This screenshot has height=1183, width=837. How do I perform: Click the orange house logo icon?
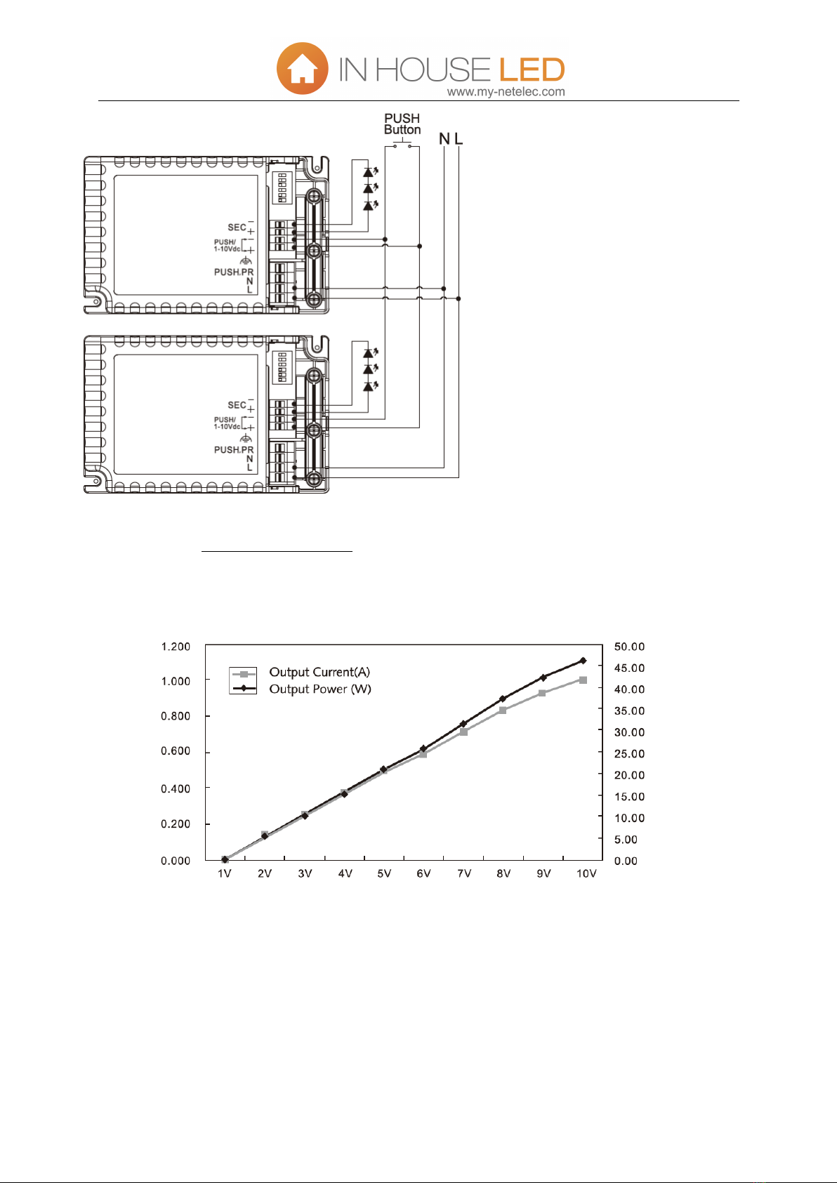click(x=302, y=69)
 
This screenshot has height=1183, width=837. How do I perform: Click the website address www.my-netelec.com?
click(x=506, y=92)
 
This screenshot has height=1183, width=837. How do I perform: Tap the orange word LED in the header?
click(x=532, y=70)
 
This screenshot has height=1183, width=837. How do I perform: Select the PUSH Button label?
click(x=402, y=124)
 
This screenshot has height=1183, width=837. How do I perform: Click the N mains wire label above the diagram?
click(x=444, y=139)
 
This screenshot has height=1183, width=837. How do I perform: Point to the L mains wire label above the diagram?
click(x=459, y=139)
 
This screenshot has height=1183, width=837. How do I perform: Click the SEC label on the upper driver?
click(x=237, y=227)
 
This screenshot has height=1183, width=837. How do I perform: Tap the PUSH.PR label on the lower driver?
click(x=233, y=450)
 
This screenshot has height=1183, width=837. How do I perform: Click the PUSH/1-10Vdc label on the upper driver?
click(x=227, y=246)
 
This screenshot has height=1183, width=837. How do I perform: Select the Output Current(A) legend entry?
click(x=319, y=673)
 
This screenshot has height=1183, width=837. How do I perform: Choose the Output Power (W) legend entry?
click(x=320, y=689)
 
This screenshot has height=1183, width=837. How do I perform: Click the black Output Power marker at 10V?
click(x=583, y=661)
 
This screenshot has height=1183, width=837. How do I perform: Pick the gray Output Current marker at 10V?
click(x=583, y=680)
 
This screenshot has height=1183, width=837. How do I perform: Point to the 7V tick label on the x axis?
click(x=464, y=874)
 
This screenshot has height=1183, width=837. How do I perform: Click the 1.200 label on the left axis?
click(x=176, y=647)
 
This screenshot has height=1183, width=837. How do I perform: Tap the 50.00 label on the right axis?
click(x=629, y=647)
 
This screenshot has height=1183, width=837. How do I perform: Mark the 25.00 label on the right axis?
click(x=629, y=754)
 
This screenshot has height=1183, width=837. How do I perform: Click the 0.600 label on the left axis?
click(x=176, y=751)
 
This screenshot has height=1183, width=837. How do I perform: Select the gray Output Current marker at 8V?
click(x=503, y=711)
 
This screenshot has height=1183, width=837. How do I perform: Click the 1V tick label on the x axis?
click(x=225, y=874)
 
